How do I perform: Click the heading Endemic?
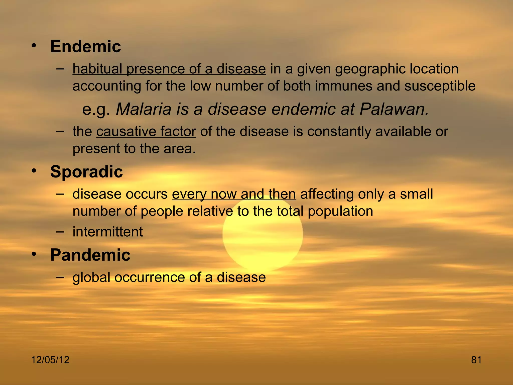[x=85, y=47]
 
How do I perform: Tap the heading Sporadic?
[x=86, y=172]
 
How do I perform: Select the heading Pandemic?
[x=90, y=255]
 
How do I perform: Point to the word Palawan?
[x=394, y=109]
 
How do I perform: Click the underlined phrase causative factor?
[x=146, y=132]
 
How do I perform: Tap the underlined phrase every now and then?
[x=234, y=194]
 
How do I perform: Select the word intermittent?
[x=108, y=232]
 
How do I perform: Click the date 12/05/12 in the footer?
[x=50, y=360]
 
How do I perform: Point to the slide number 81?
[x=476, y=360]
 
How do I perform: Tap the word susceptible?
[x=440, y=86]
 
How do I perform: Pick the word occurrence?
[x=150, y=277]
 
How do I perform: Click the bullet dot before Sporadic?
[x=34, y=171]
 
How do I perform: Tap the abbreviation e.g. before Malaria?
[x=96, y=110]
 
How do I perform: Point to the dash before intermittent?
[x=60, y=231]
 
